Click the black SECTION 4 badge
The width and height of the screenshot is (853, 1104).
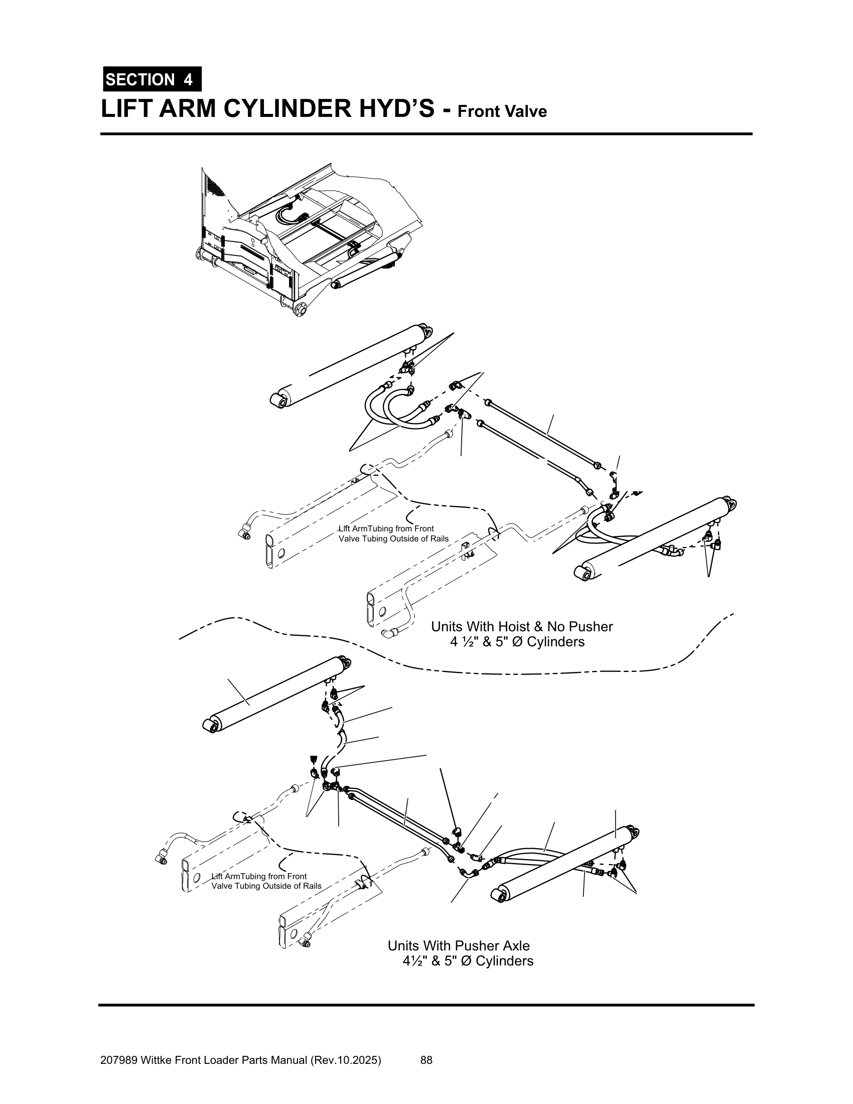pos(152,79)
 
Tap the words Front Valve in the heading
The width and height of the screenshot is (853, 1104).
pos(502,111)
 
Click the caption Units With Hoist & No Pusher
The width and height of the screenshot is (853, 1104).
pos(521,627)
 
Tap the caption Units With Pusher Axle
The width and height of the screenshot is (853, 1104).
pos(458,945)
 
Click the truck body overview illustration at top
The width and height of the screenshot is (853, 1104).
pos(308,237)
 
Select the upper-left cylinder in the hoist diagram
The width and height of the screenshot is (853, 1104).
pos(349,364)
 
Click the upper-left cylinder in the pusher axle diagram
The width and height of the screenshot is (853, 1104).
pos(278,693)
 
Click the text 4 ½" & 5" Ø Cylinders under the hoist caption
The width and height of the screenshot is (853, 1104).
pos(517,642)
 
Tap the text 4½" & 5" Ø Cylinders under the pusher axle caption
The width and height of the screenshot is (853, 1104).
pos(468,960)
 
